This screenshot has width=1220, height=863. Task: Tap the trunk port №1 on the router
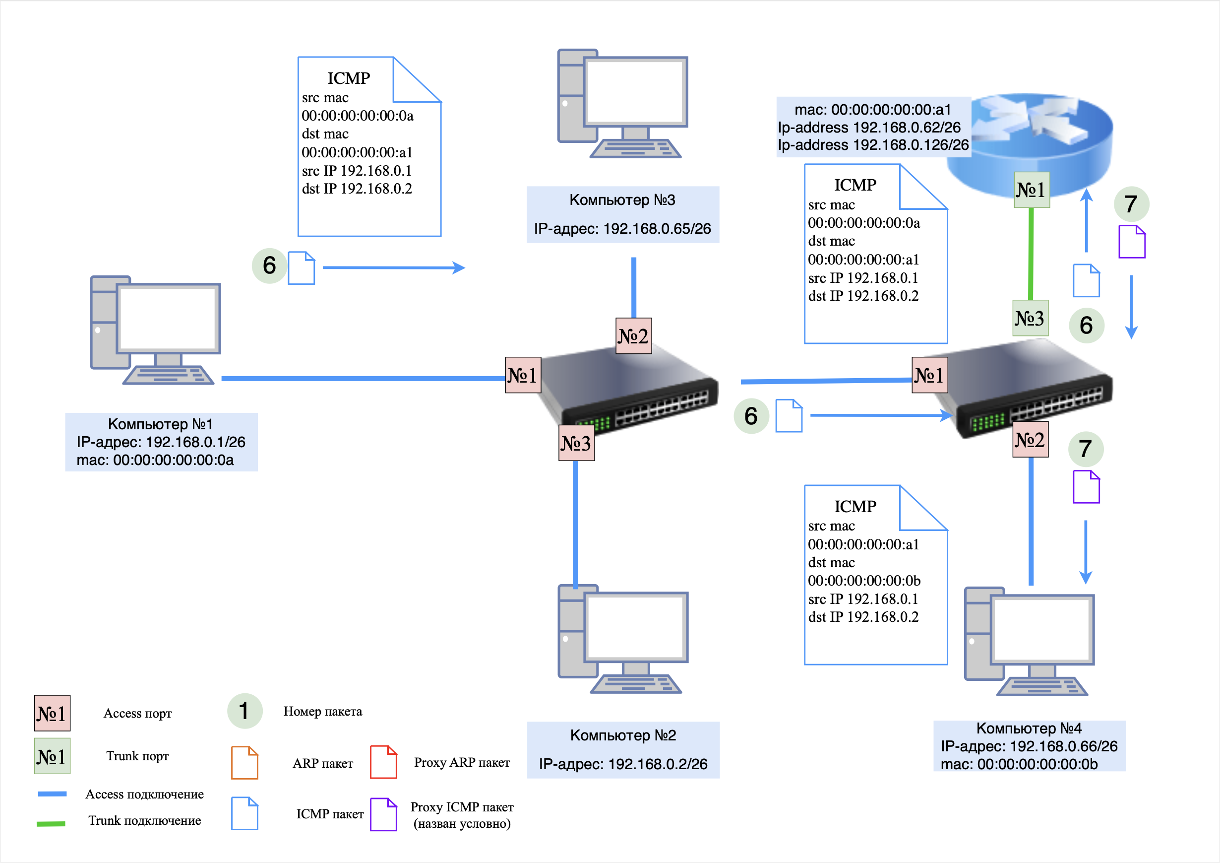[x=1032, y=190]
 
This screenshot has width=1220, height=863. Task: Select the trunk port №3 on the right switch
[x=1030, y=318]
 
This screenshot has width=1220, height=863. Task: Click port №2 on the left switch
[x=633, y=336]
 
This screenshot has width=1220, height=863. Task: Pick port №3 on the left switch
[x=576, y=443]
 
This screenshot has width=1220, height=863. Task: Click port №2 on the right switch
[x=1030, y=439]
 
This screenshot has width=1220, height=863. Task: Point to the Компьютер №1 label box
[x=161, y=442]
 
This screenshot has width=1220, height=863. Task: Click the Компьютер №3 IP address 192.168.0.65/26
[x=622, y=229]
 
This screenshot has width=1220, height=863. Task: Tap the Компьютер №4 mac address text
[x=1019, y=764]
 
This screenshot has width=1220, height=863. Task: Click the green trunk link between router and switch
[x=1031, y=254]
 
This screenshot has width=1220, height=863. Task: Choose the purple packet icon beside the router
[x=1132, y=242]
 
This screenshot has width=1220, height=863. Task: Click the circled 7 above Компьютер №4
[x=1086, y=449]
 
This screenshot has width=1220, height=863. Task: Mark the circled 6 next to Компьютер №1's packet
[x=269, y=266]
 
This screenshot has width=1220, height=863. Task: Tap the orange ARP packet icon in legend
[x=244, y=762]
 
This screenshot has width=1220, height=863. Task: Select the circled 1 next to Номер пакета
[x=244, y=711]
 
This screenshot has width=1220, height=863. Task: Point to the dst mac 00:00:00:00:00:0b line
[x=864, y=581]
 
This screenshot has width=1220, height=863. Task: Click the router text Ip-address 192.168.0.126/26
[x=873, y=145]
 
